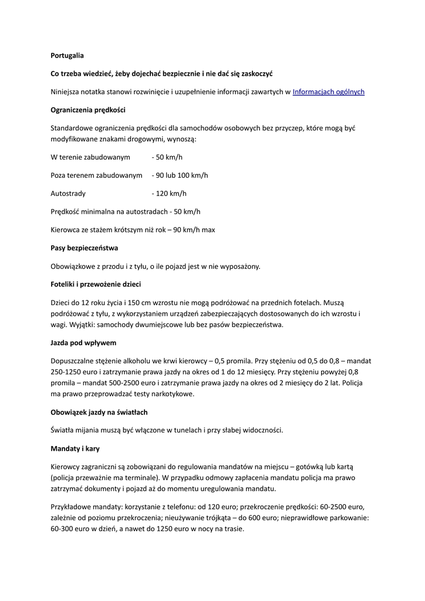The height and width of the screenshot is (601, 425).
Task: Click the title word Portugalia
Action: (67, 56)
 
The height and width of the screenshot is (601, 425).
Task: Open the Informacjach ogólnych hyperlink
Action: (328, 92)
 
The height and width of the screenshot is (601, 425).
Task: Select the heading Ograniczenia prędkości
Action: (88, 110)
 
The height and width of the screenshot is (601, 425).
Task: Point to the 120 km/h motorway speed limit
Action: (171, 193)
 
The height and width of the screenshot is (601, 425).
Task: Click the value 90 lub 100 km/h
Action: (181, 175)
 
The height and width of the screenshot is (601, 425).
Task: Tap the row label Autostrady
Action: (68, 193)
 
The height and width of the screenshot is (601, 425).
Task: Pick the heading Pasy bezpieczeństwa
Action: (84, 248)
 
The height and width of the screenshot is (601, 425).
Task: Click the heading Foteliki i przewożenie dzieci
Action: (95, 284)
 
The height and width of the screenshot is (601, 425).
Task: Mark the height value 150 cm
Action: (137, 303)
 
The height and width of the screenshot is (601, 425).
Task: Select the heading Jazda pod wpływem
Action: (83, 342)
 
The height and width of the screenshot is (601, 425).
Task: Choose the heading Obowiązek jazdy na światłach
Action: (99, 412)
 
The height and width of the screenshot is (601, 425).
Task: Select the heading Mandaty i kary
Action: (75, 448)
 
